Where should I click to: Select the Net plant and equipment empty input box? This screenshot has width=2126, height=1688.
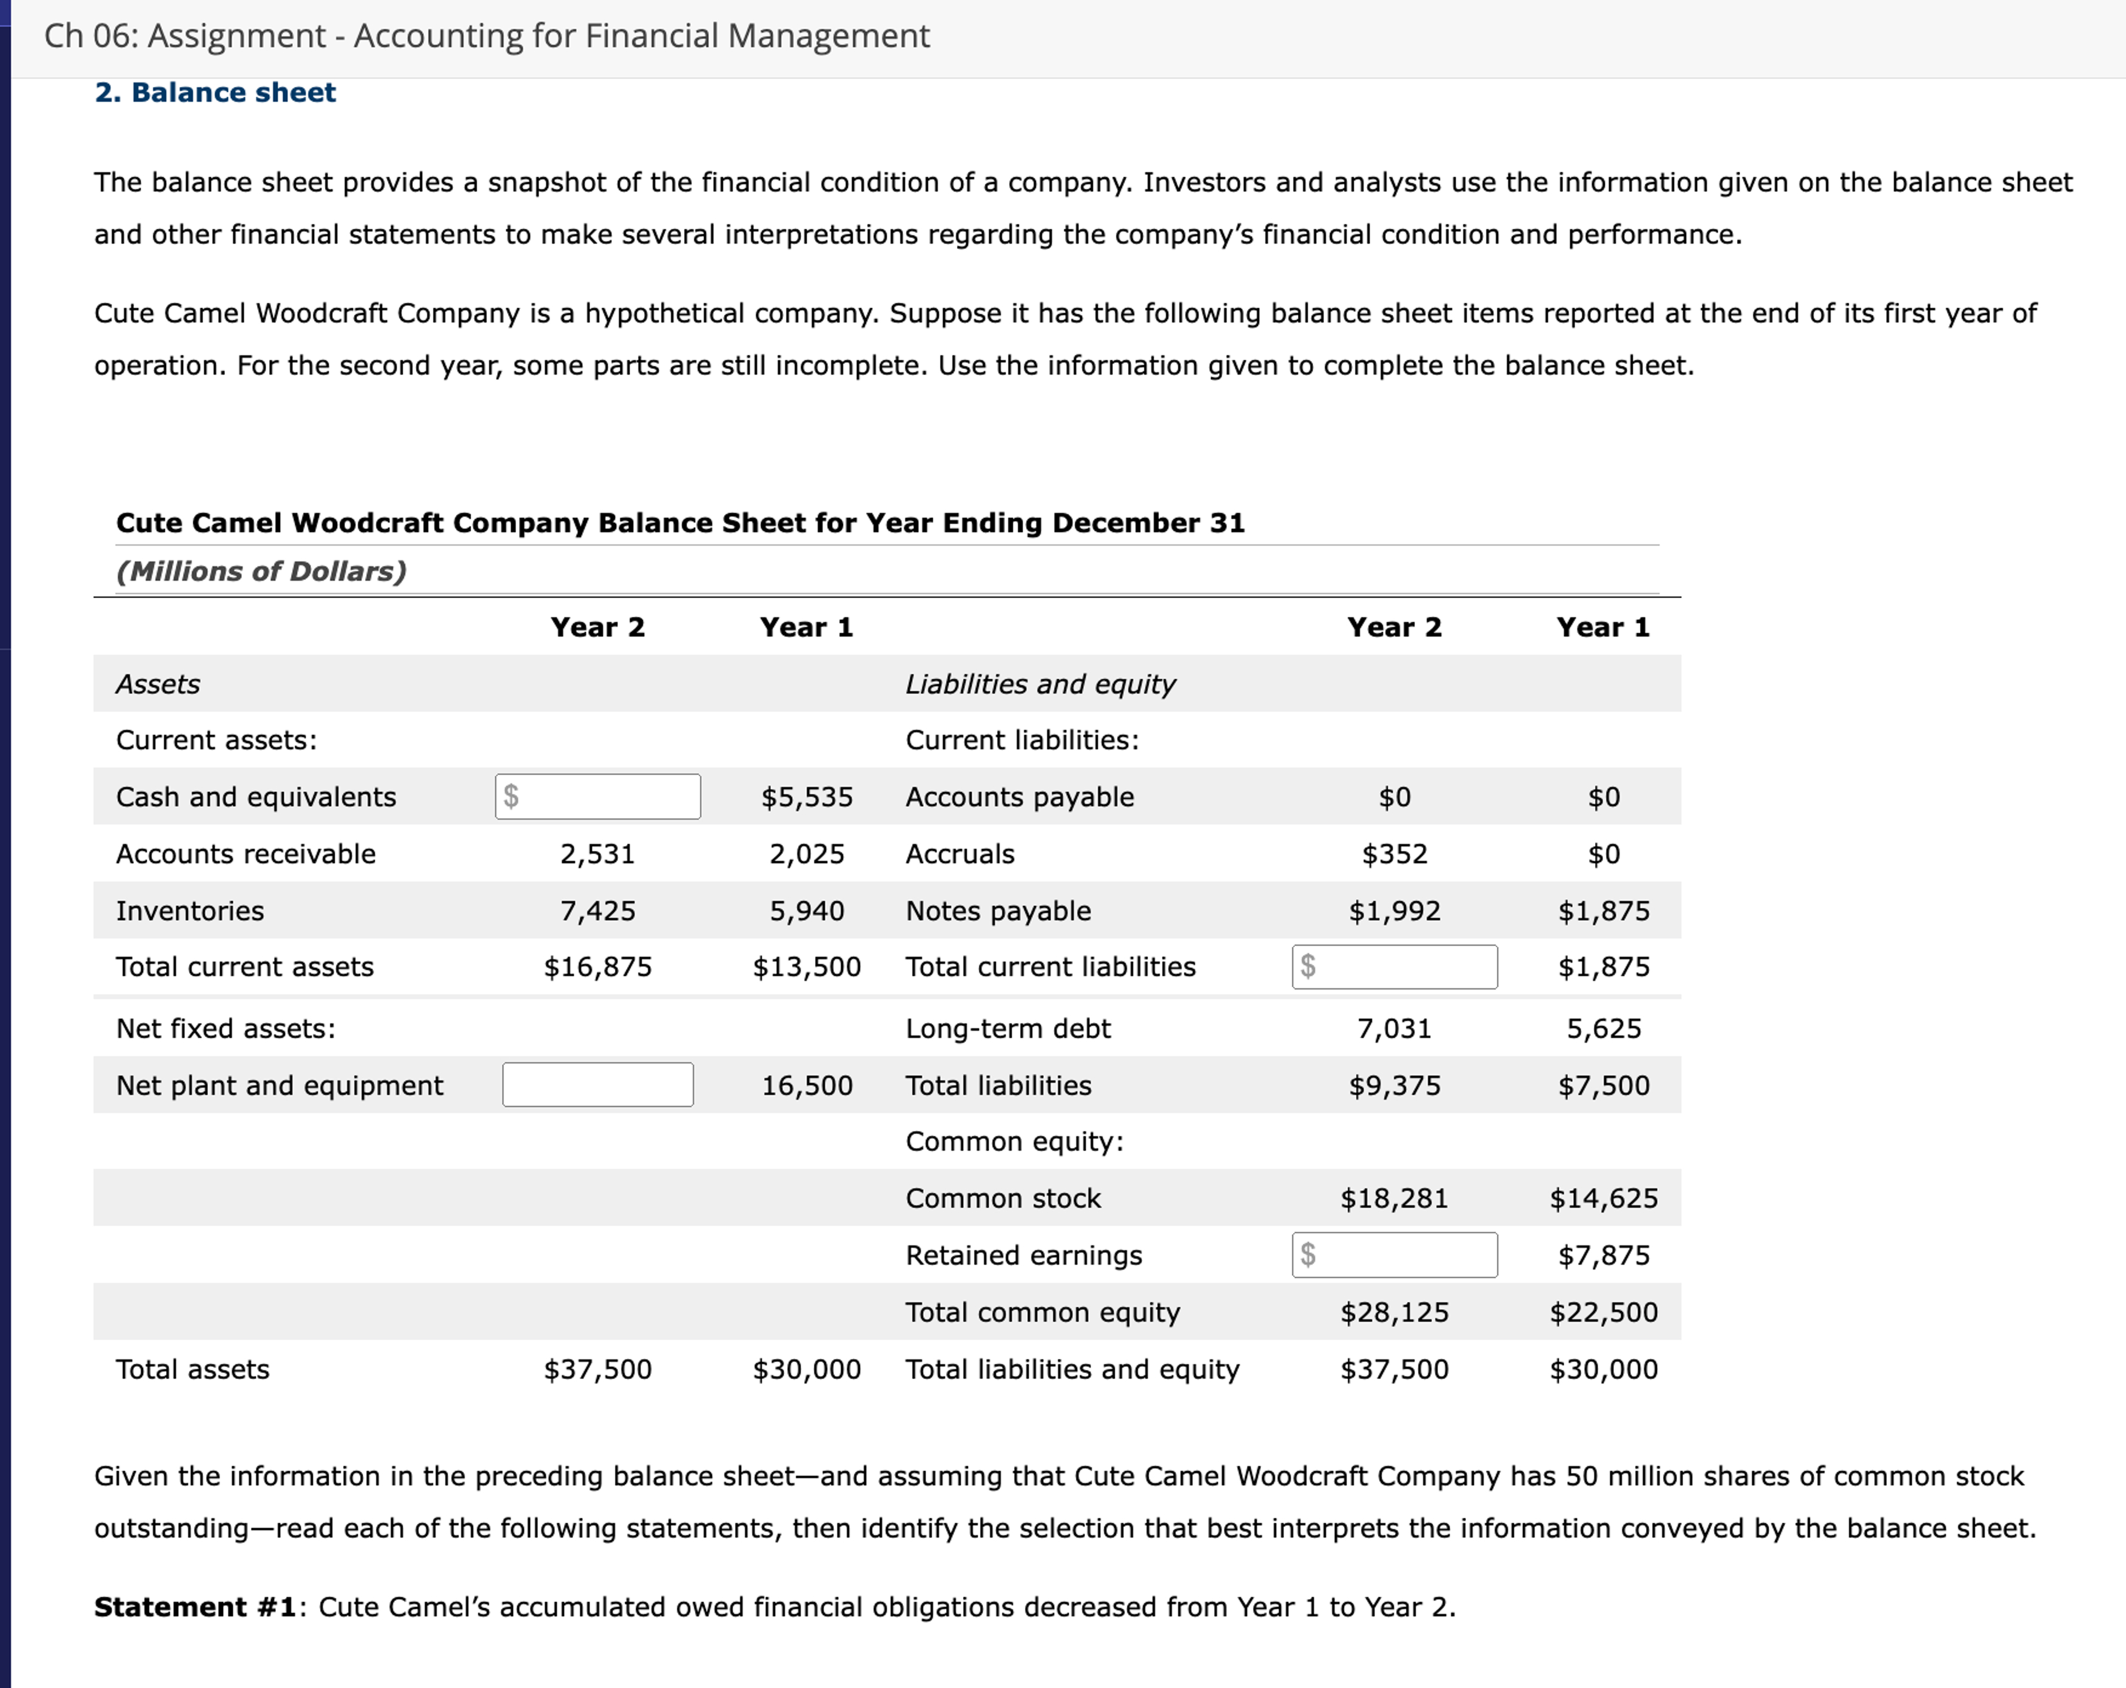pos(597,1085)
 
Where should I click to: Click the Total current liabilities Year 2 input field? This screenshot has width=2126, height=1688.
pos(1395,966)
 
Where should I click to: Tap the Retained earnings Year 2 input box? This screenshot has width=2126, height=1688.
pos(1395,1255)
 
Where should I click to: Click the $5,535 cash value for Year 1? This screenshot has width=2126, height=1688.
pos(807,797)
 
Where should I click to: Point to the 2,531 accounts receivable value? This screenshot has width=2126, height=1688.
pos(597,854)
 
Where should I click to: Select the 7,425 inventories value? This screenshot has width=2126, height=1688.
pos(597,910)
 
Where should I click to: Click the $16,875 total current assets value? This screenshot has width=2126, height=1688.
pos(597,966)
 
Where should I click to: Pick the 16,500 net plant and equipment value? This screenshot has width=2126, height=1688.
pos(807,1085)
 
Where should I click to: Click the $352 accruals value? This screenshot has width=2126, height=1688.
pos(1394,854)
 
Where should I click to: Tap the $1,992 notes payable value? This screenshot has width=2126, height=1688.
pos(1394,910)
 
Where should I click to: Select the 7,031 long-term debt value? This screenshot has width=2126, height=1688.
pos(1394,1028)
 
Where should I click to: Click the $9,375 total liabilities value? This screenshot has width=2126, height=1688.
pos(1394,1085)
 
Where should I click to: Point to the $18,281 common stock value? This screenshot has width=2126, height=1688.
pos(1394,1198)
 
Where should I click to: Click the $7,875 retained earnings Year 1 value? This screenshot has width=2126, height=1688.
pos(1603,1255)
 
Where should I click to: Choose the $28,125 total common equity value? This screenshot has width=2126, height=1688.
pos(1394,1312)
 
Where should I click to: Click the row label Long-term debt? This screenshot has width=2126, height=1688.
pos(1007,1028)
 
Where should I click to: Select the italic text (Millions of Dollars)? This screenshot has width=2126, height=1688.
pos(261,571)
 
